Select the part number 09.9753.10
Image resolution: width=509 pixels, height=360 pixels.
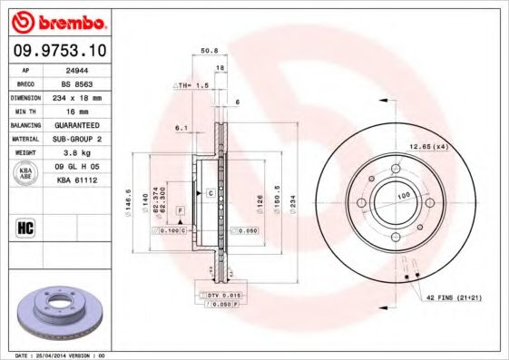point(61,52)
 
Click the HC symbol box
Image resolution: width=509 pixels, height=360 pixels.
point(26,226)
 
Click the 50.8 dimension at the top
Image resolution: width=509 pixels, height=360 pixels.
point(208,51)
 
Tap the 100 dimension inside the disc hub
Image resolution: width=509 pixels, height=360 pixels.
point(400,196)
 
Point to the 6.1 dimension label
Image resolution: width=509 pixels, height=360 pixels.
point(181,128)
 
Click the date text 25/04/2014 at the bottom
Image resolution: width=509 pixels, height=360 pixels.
point(68,354)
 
